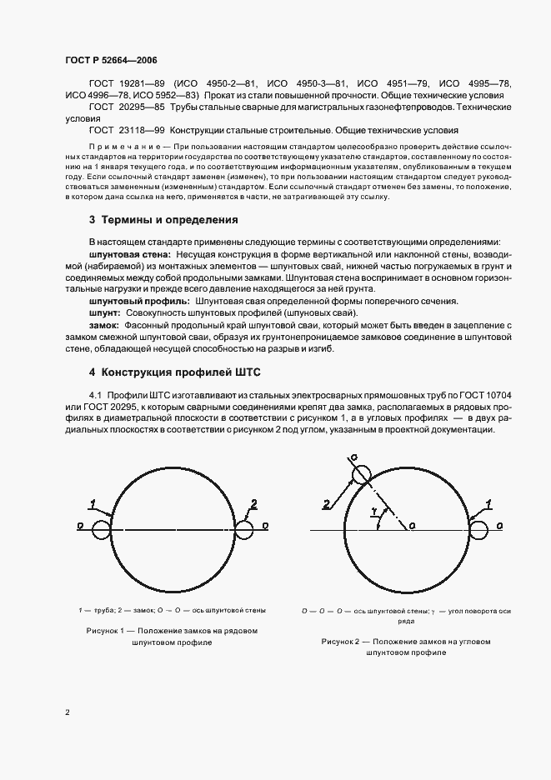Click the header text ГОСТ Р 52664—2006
point(111,61)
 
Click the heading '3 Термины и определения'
point(163,220)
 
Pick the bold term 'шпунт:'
point(104,312)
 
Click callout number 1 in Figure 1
point(95,502)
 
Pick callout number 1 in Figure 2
point(488,503)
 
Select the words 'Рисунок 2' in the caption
point(343,642)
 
